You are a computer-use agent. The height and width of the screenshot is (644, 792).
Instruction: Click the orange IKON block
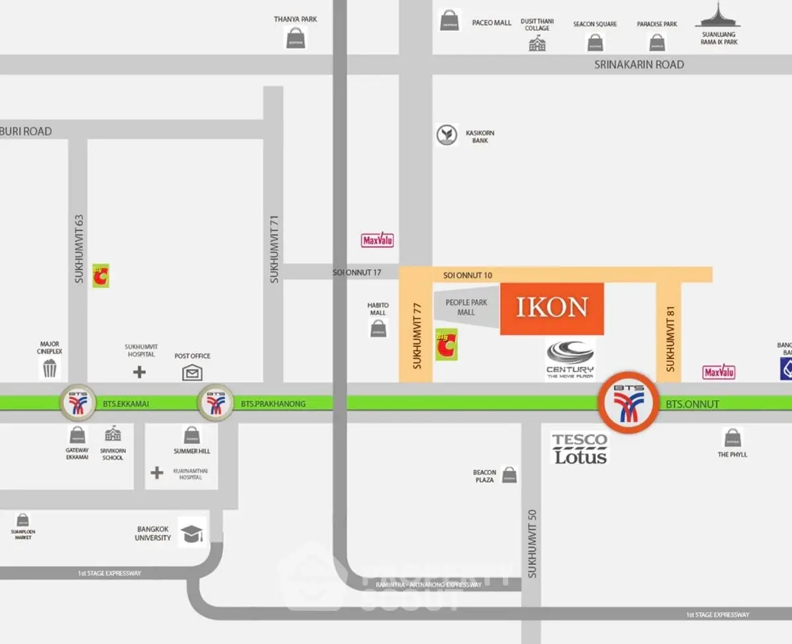click(552, 308)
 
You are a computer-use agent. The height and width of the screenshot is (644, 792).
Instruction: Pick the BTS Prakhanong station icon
click(215, 402)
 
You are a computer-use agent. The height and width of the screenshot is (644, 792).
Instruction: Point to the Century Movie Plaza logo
click(570, 359)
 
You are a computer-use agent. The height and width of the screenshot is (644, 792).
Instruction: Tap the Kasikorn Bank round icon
click(447, 135)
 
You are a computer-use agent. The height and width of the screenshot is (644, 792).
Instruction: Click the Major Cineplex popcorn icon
click(50, 369)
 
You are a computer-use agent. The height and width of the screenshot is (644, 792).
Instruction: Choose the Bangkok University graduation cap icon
click(191, 534)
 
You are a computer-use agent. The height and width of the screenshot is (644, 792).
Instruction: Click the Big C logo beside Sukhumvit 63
click(100, 275)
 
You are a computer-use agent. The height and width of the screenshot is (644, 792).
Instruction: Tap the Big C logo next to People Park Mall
click(446, 345)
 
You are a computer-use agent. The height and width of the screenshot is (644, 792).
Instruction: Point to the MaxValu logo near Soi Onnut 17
click(378, 240)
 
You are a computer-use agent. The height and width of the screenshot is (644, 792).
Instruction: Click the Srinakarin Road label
click(639, 65)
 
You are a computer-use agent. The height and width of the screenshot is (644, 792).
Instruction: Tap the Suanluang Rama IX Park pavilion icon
click(718, 16)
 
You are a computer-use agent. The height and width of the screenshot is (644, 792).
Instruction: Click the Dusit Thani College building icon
click(537, 44)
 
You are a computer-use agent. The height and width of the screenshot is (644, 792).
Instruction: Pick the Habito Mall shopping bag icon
click(379, 328)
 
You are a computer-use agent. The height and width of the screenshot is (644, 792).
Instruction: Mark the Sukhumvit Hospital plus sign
click(139, 372)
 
